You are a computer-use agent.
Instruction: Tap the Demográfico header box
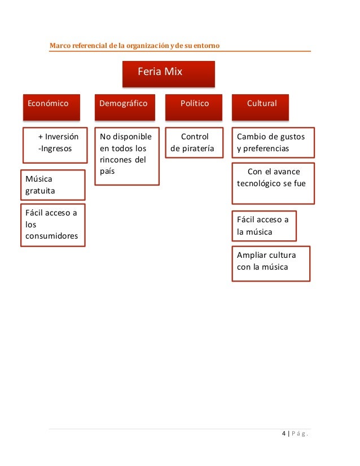(x=124, y=105)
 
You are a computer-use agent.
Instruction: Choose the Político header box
(x=194, y=105)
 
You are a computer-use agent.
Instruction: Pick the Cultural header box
(x=261, y=105)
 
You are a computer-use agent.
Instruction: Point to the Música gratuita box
(x=52, y=184)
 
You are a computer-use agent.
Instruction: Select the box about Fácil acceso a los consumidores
(x=52, y=225)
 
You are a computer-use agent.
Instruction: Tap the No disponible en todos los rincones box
(x=126, y=156)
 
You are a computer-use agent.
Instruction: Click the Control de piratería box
(x=194, y=143)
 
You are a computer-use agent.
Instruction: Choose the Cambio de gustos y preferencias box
(x=273, y=143)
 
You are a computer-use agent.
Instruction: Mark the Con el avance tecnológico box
(x=273, y=183)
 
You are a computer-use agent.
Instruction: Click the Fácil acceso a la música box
(x=264, y=226)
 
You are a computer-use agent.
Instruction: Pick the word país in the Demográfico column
(x=107, y=170)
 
